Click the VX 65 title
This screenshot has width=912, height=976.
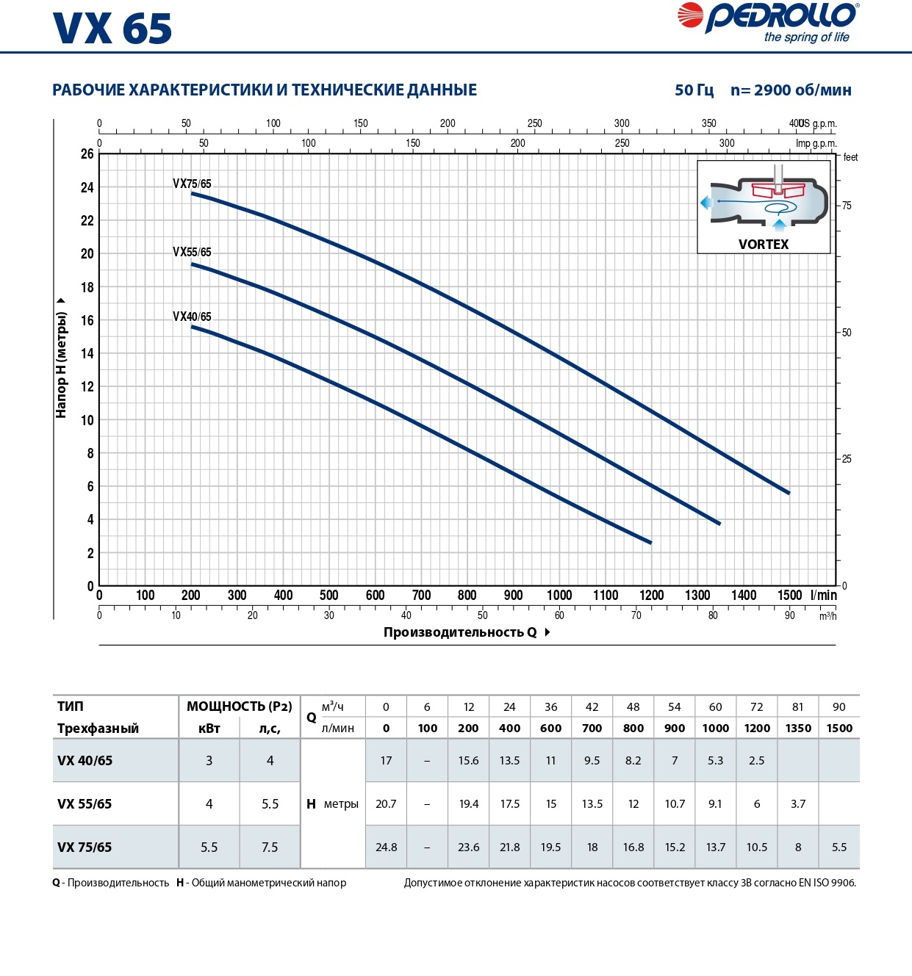(112, 29)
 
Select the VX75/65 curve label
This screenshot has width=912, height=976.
(192, 184)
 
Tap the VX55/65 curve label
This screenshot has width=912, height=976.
(192, 252)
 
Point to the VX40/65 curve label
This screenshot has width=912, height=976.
(192, 317)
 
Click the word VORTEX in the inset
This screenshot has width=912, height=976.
(764, 245)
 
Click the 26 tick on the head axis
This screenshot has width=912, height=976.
(87, 154)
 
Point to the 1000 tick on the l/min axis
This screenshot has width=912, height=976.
(559, 595)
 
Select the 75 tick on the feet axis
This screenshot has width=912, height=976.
(847, 206)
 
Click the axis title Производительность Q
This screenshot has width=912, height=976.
(460, 632)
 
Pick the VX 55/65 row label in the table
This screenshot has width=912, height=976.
(85, 804)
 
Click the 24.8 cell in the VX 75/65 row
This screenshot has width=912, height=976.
(386, 847)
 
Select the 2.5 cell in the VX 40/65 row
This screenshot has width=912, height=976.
(756, 761)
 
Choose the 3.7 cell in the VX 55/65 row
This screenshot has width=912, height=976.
(798, 804)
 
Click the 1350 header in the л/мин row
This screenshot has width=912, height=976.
(798, 729)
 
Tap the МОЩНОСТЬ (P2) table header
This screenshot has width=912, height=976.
(239, 706)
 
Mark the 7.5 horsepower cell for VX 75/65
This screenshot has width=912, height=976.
(270, 847)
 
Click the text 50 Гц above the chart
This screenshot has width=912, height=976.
(694, 90)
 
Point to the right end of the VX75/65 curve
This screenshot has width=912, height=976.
(789, 493)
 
